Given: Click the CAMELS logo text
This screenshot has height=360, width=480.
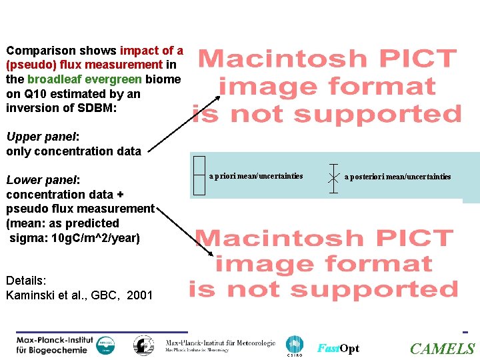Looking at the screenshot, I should click(443, 349).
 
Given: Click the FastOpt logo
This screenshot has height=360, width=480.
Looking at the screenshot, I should click(338, 349).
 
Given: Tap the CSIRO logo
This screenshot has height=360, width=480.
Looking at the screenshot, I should click(294, 346).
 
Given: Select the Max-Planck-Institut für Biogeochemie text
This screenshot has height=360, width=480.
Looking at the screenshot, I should click(53, 345).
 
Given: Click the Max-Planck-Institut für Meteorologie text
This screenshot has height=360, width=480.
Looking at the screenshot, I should click(221, 344).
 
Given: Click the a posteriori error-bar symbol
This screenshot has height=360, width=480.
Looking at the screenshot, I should click(333, 177).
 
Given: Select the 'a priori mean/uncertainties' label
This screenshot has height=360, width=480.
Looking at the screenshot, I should click(256, 177).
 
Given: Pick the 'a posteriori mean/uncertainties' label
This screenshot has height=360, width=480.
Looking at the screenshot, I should click(398, 177).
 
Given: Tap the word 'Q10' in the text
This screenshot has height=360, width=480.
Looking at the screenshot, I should click(35, 94).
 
